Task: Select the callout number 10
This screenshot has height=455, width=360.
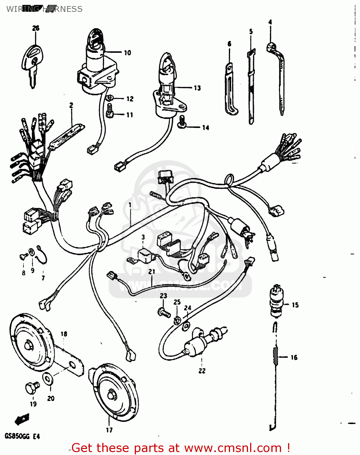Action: (x=127, y=53)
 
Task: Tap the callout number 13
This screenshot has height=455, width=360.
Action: (x=197, y=88)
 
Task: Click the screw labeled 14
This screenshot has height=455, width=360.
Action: (x=182, y=122)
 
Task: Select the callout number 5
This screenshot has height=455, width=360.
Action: (x=251, y=32)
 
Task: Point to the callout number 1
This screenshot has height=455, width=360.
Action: (x=130, y=205)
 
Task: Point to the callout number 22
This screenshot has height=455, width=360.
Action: (x=202, y=371)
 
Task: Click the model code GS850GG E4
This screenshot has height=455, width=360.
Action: (x=22, y=436)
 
